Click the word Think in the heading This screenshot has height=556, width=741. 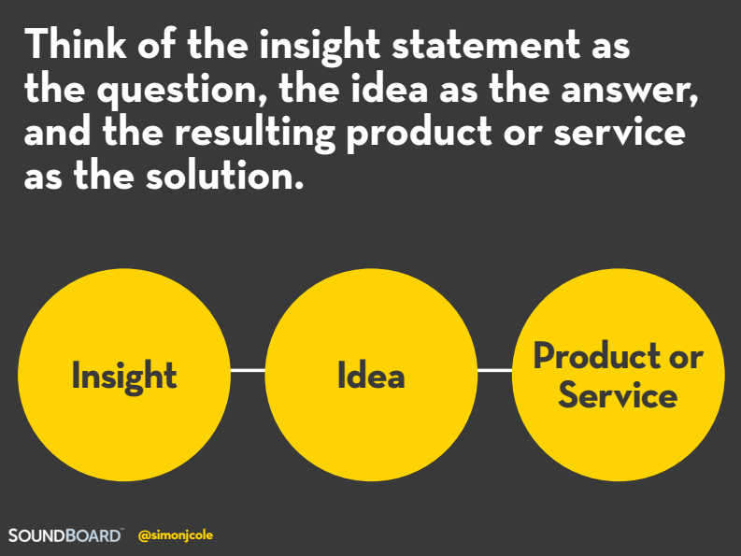(76, 44)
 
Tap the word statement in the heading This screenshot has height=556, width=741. (486, 45)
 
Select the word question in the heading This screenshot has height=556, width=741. (178, 91)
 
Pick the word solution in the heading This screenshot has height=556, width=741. (224, 176)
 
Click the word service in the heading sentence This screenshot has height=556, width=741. (620, 133)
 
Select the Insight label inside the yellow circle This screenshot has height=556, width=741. (124, 377)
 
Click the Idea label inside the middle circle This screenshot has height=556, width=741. (371, 375)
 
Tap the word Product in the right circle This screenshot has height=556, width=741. (597, 355)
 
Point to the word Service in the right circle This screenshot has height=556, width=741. (618, 394)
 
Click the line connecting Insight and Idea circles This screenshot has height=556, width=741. (248, 370)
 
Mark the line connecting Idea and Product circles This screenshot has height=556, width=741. (495, 370)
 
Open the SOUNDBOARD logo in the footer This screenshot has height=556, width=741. (65, 535)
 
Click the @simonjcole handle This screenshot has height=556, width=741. (176, 535)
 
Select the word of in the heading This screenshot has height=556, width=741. (157, 44)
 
